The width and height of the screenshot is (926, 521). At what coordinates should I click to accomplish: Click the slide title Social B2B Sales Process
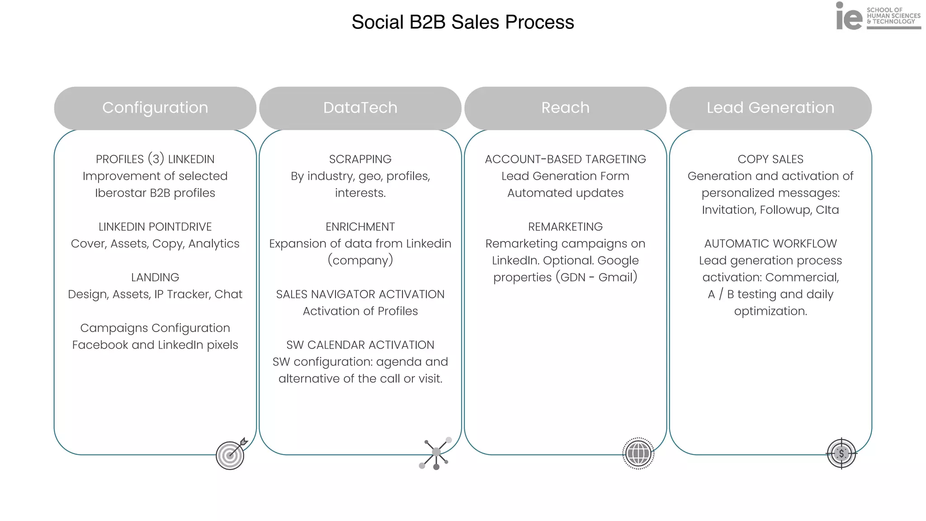pyautogui.click(x=463, y=22)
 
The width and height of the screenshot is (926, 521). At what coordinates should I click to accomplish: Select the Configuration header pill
pyautogui.click(x=155, y=108)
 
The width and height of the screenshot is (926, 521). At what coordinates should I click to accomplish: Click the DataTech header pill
pyautogui.click(x=360, y=108)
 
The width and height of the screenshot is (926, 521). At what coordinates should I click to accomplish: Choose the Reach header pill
pyautogui.click(x=565, y=108)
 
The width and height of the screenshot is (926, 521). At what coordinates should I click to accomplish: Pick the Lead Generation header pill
pyautogui.click(x=770, y=108)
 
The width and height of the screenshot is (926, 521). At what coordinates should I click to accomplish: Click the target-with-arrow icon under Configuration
pyautogui.click(x=231, y=454)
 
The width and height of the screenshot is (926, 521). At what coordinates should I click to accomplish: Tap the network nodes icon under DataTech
pyautogui.click(x=435, y=453)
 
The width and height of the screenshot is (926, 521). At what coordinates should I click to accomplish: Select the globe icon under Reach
pyautogui.click(x=638, y=453)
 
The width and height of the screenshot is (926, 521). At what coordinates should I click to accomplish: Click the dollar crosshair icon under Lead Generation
pyautogui.click(x=841, y=453)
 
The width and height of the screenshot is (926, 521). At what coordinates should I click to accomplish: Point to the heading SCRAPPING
pyautogui.click(x=360, y=159)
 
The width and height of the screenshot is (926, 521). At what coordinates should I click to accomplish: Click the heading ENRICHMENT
pyautogui.click(x=360, y=227)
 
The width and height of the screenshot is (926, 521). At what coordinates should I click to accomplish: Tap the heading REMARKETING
pyautogui.click(x=565, y=227)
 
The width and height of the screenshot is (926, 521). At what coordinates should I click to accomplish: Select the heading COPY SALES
pyautogui.click(x=770, y=159)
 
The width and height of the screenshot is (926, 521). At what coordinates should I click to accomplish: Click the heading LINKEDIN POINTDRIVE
pyautogui.click(x=155, y=227)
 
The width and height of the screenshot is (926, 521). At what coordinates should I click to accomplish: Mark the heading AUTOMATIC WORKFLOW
pyautogui.click(x=770, y=244)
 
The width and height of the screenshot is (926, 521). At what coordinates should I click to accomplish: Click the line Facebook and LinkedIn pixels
pyautogui.click(x=155, y=345)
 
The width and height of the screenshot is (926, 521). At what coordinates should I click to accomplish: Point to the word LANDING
pyautogui.click(x=155, y=277)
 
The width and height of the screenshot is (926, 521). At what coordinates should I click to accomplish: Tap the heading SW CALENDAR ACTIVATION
pyautogui.click(x=360, y=345)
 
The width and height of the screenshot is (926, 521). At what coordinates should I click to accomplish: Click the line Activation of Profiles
pyautogui.click(x=360, y=311)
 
